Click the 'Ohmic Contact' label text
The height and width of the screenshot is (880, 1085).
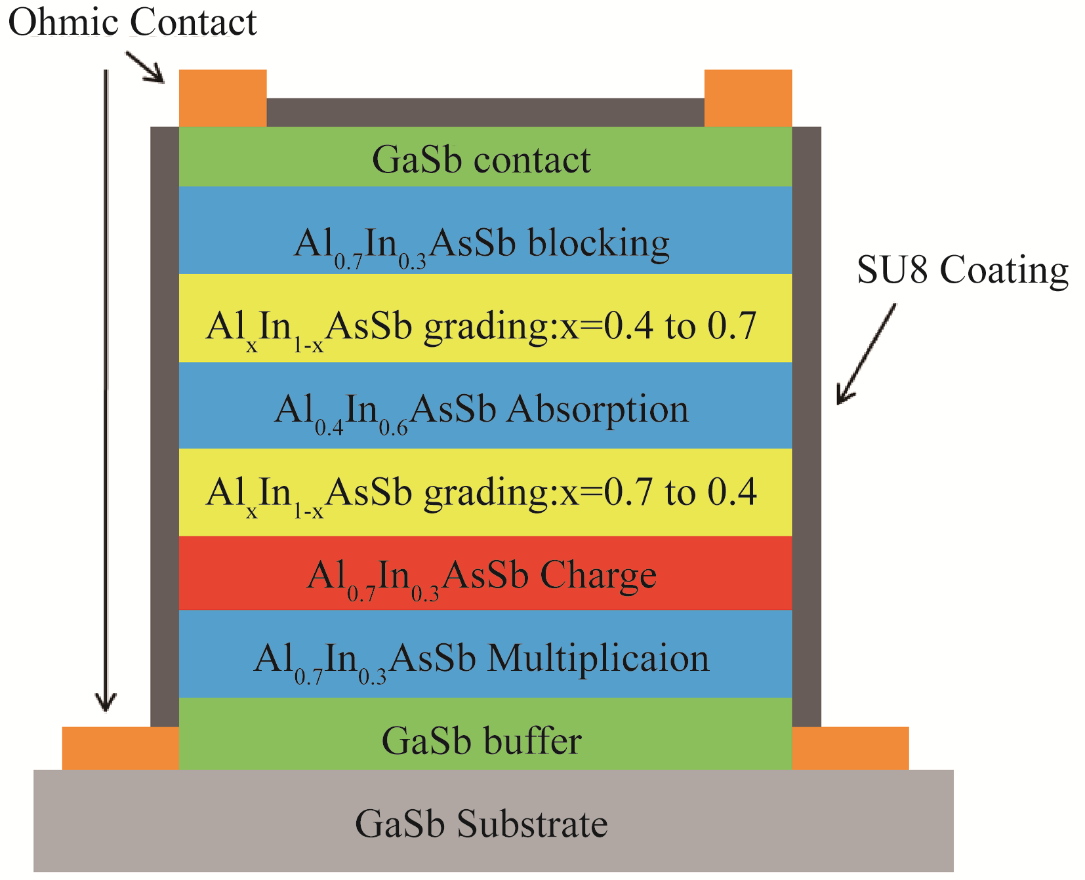coord(133,23)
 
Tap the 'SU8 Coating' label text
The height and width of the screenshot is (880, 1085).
coord(962,270)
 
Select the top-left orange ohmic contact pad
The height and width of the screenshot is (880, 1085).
coord(222,98)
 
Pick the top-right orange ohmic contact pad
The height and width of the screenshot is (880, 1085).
coord(748,98)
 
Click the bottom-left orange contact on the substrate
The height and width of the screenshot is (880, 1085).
coord(121,748)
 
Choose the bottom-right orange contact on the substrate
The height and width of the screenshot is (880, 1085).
coord(850,748)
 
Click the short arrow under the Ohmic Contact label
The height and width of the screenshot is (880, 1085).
coord(146,68)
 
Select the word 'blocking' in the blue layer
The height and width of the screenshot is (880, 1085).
coord(598,244)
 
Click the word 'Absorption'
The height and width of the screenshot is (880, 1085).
coord(598,410)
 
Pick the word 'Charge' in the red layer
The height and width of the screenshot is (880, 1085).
coord(598,576)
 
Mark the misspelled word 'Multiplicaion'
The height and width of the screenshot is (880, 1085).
coord(598,658)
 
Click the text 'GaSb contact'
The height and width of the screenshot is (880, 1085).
coord(481,160)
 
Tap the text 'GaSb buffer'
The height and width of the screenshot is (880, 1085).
coord(481,741)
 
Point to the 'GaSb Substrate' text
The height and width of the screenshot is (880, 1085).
coord(481,824)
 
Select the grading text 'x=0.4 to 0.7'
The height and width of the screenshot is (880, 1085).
coord(658,326)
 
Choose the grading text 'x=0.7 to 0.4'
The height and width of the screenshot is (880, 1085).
coord(658,492)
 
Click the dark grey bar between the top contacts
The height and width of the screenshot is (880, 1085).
coord(485,112)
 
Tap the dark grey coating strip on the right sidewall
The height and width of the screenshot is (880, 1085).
coord(806,426)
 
